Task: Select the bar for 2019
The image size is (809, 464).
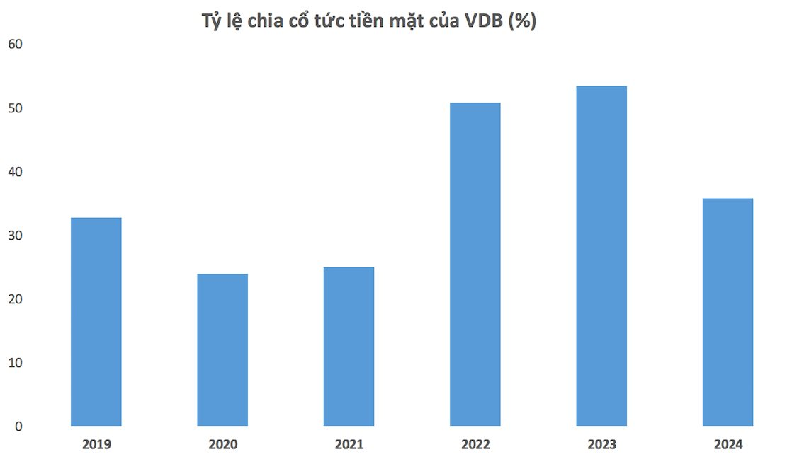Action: pos(96,322)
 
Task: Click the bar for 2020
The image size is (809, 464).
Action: pos(222,350)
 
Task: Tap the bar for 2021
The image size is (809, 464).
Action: pos(349,347)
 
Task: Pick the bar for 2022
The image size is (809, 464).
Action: pos(475,265)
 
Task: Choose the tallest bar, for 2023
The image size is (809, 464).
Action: pos(601,256)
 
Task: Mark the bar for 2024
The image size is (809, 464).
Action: pos(728,312)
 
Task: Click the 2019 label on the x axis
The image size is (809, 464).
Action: pos(96,445)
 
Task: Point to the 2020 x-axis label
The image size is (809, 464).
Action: pos(222,445)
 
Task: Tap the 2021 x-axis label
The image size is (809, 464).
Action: pos(349,445)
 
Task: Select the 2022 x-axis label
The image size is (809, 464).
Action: pos(475,445)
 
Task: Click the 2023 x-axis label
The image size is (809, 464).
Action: pos(601,445)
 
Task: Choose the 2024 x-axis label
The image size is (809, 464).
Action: pos(728,445)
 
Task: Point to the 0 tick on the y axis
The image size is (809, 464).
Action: pos(19,427)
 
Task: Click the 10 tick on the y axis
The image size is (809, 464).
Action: pos(15,363)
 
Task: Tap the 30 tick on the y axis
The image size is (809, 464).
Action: pos(15,236)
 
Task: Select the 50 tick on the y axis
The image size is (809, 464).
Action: pos(15,108)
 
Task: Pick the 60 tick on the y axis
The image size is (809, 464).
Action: pos(15,45)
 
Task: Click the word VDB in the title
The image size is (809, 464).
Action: pos(483,22)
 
